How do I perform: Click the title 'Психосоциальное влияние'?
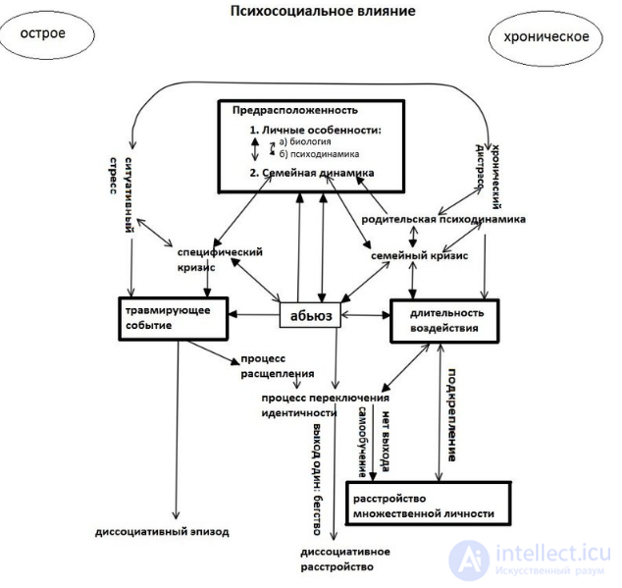323,11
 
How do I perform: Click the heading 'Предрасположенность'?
295,110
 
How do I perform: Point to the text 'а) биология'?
305,141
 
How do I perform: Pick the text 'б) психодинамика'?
319,154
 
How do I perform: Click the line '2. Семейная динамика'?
312,173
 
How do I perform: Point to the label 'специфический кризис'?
220,260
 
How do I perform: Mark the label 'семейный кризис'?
419,256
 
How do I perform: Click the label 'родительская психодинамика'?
443,220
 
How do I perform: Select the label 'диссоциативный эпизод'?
162,532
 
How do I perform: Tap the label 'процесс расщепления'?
278,366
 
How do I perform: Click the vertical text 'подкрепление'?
452,415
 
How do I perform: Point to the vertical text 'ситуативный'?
129,195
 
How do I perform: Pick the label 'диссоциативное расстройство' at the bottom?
345,560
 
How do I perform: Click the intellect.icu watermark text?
553,554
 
